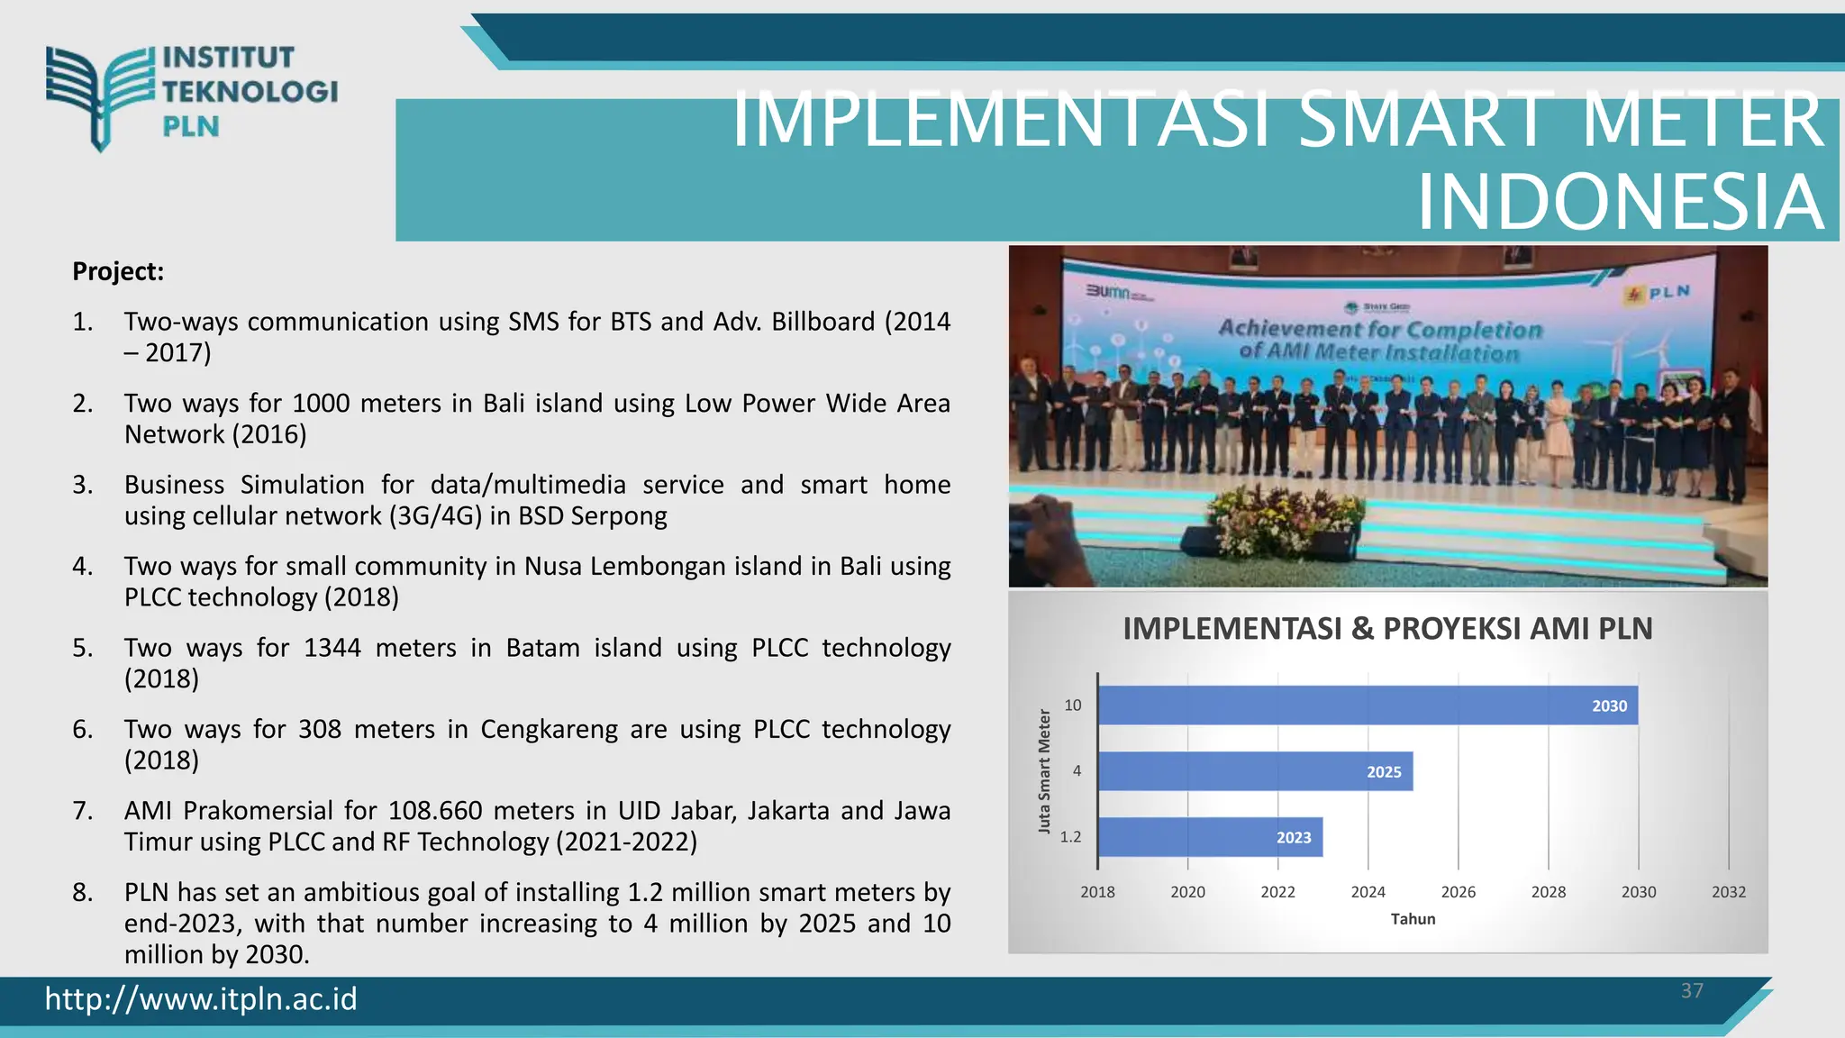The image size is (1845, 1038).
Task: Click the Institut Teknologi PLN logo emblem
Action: pos(100,95)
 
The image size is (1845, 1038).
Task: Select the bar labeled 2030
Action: pos(1367,706)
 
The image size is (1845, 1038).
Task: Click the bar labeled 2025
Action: pos(1254,771)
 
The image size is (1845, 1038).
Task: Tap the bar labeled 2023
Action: pos(1209,837)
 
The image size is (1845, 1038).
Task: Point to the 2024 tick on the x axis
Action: pos(1368,892)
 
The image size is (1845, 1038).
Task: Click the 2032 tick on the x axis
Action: pos(1728,892)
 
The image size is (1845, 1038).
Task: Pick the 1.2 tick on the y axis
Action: pos(1070,837)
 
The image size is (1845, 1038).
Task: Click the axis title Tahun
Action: pos(1412,919)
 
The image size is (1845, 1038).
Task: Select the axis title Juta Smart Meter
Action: pos(1044,771)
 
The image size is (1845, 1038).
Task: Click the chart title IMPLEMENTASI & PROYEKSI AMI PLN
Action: pos(1387,628)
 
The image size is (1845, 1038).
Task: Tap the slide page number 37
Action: pos(1692,991)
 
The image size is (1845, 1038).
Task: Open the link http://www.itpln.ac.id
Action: pos(201,999)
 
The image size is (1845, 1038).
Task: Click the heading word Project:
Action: pos(118,271)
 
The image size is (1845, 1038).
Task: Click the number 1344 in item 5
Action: pos(332,648)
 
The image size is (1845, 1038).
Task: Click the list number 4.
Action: pos(82,567)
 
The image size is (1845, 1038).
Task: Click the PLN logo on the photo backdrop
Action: pos(1657,293)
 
